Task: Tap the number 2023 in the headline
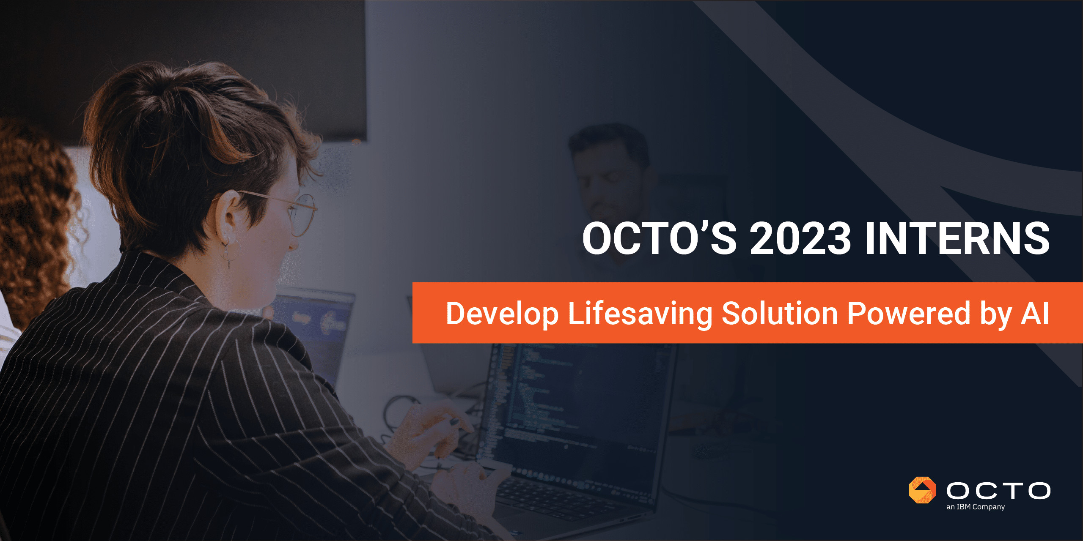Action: click(x=800, y=238)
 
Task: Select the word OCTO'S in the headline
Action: click(x=660, y=238)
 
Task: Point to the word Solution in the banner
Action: click(x=780, y=313)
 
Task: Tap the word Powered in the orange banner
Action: click(x=909, y=313)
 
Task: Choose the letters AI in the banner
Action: click(x=1035, y=313)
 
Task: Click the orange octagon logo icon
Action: click(x=922, y=490)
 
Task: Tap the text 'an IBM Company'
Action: click(x=976, y=507)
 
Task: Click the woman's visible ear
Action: click(x=228, y=216)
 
